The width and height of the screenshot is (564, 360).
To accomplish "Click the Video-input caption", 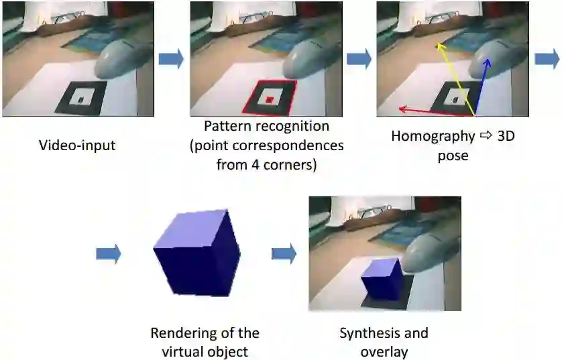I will (77, 145).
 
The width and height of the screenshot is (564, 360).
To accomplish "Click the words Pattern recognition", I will (267, 126).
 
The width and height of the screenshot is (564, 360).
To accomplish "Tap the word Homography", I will (433, 136).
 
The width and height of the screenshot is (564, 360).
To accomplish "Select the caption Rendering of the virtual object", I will (205, 341).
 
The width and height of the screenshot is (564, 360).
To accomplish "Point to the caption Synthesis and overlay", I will (384, 342).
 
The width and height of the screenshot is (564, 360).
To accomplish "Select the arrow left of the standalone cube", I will (108, 253).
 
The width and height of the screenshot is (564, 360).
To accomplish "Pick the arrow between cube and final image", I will (284, 253).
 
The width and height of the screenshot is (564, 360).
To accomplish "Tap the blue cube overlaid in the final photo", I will (383, 278).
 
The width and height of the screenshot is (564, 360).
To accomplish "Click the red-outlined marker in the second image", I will (269, 99).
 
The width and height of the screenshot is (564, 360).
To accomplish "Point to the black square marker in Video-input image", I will (81, 98).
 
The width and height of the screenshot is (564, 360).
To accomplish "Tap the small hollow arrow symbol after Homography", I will (486, 136).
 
